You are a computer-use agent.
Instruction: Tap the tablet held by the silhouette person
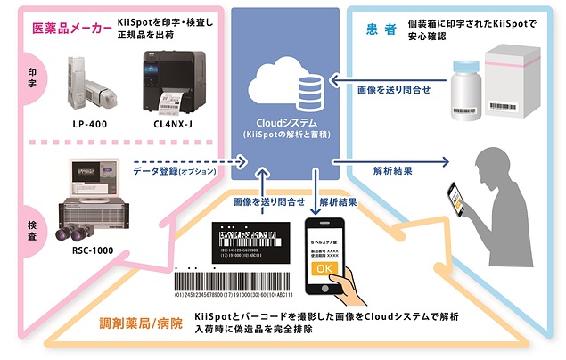coord(459,203)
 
